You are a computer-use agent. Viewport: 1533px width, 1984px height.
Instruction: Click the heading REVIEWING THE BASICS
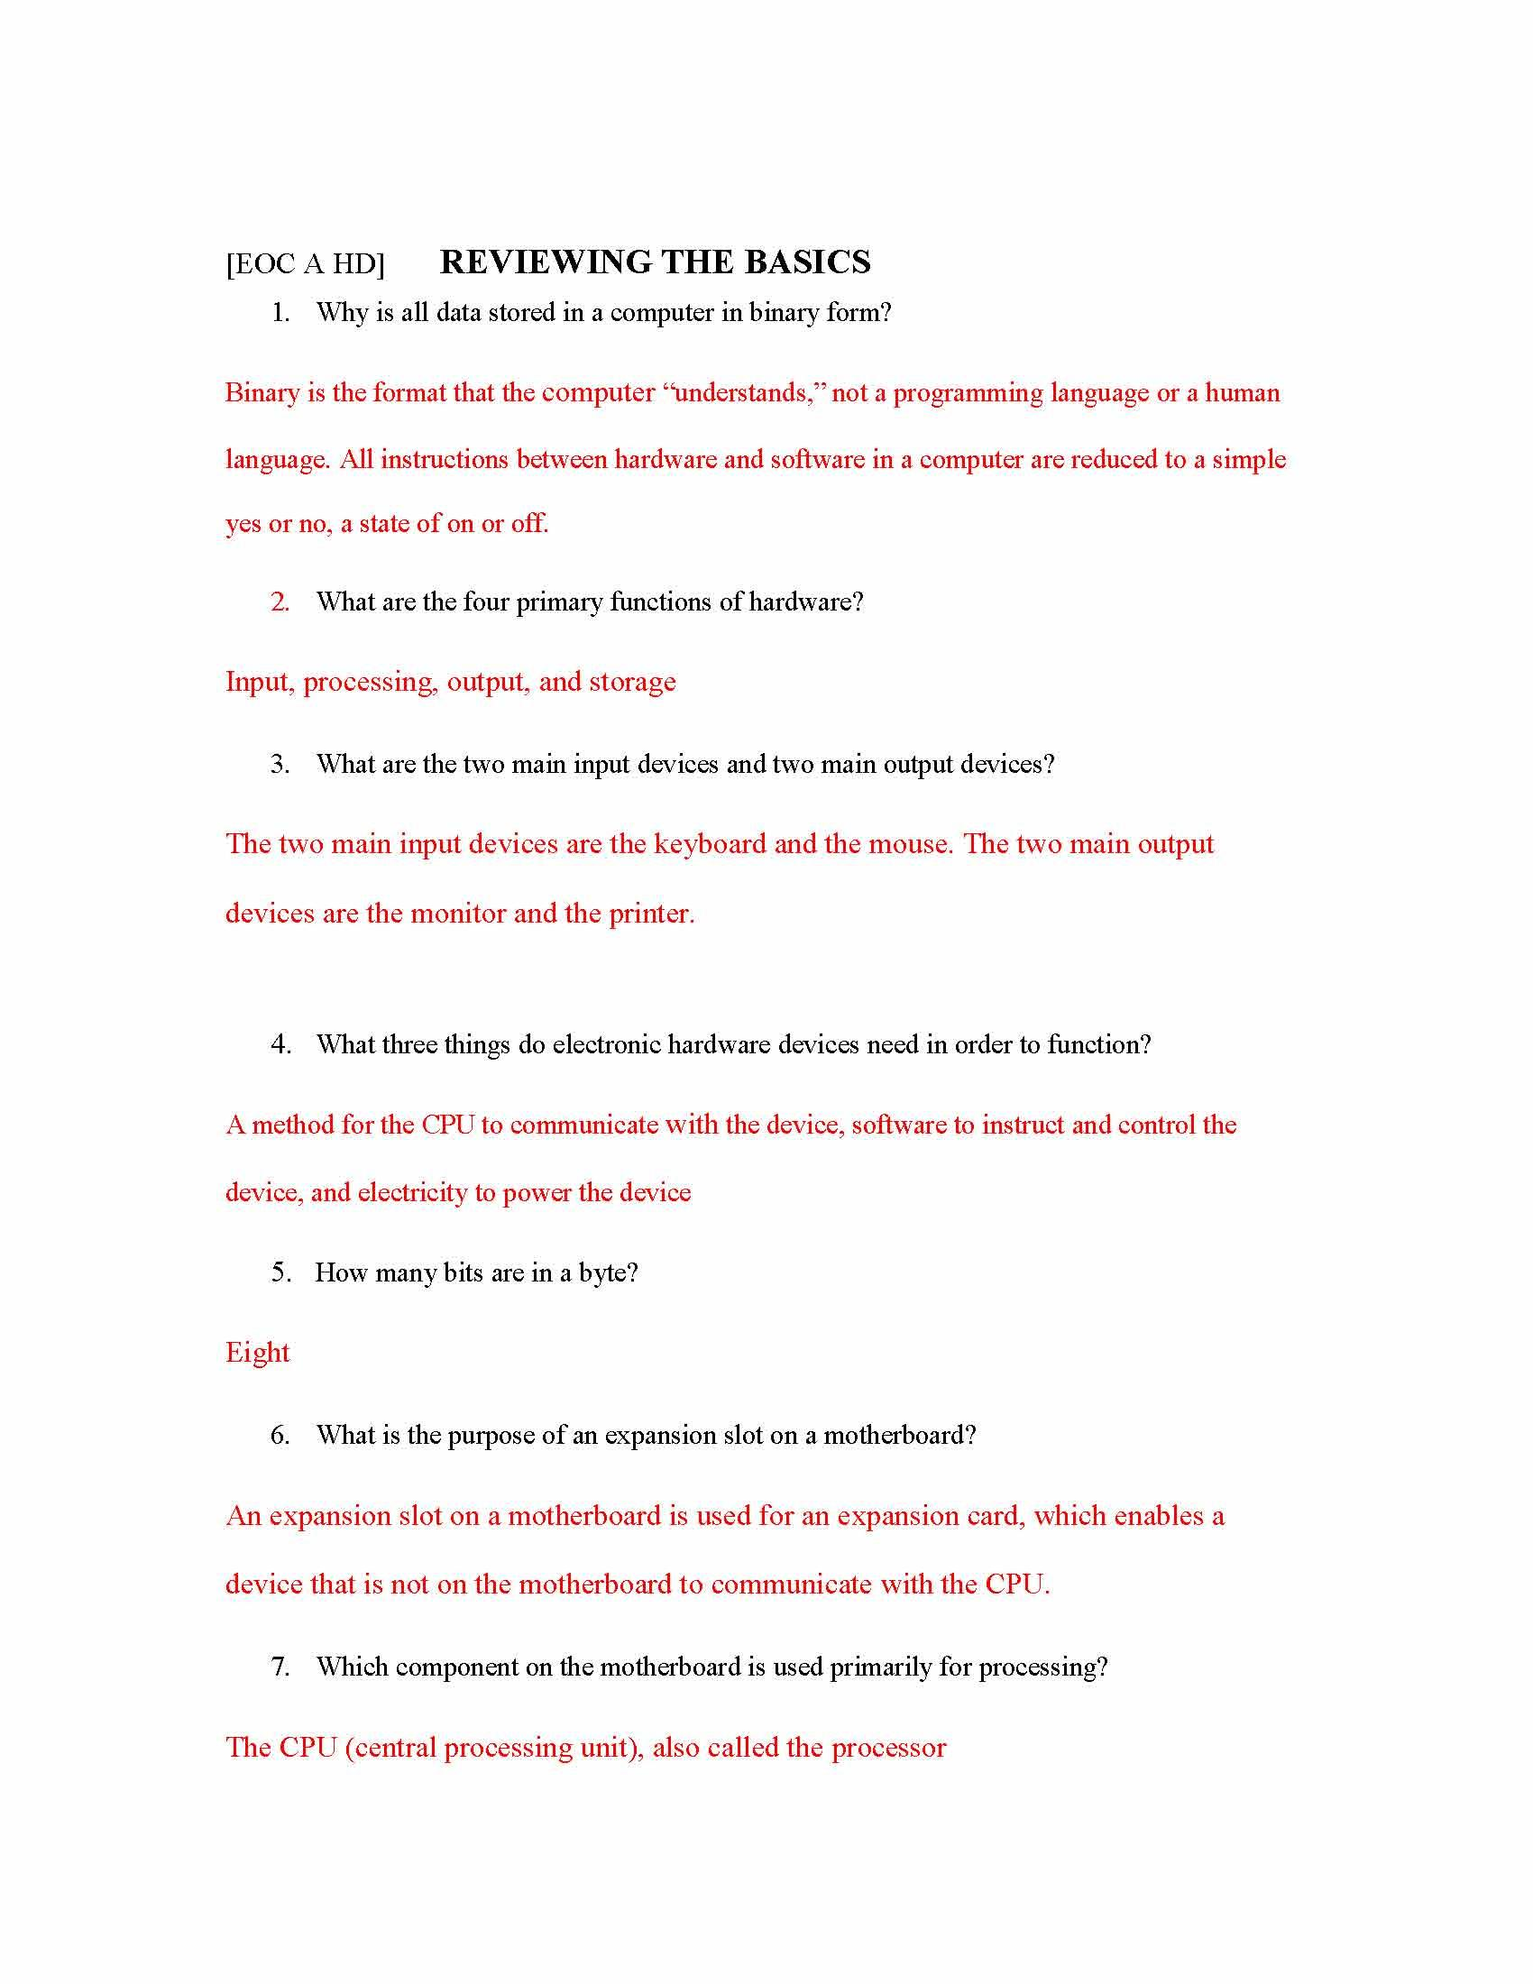point(655,262)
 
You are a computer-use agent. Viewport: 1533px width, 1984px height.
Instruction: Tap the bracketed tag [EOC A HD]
point(305,264)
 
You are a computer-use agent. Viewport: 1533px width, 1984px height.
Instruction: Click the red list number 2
point(280,602)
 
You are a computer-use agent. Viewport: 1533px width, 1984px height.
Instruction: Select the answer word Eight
point(257,1353)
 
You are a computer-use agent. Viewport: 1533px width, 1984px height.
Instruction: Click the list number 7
point(280,1666)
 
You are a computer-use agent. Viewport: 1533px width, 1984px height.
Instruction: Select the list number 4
point(280,1044)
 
